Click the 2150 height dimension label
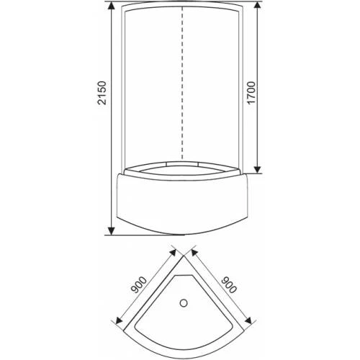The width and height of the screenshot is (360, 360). [102, 93]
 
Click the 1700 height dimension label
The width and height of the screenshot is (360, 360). [251, 93]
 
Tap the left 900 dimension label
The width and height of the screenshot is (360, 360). [138, 285]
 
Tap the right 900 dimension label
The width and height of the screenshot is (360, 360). [229, 285]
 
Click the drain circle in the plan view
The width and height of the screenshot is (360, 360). [184, 303]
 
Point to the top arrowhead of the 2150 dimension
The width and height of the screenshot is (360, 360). [111, 6]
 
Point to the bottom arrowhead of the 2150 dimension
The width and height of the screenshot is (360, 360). [111, 230]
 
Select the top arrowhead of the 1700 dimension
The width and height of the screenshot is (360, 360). [258, 6]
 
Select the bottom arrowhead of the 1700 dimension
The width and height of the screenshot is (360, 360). [258, 168]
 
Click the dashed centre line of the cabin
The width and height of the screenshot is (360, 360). [183, 84]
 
